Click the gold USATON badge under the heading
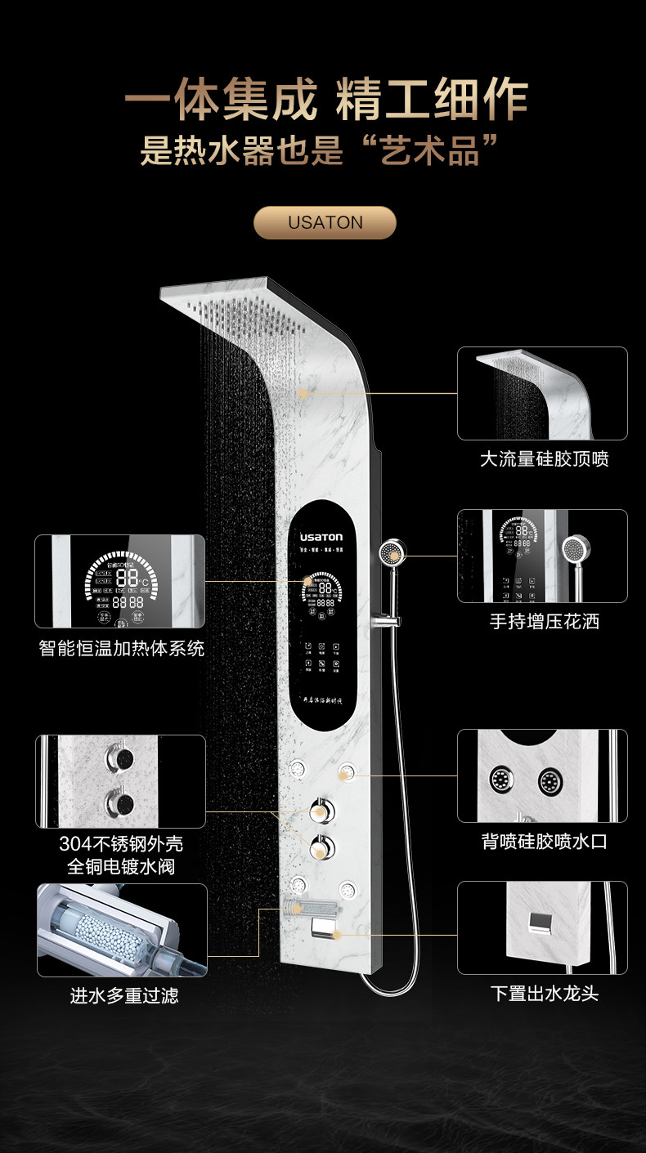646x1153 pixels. pos(325,222)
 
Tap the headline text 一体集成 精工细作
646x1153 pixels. pos(325,101)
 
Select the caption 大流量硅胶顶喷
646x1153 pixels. pos(544,459)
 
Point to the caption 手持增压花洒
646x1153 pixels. pos(545,621)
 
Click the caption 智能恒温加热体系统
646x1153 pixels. pos(122,648)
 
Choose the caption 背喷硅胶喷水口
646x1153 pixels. pos(544,841)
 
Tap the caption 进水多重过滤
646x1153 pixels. pos(123,995)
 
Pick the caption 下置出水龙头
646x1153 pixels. pos(545,994)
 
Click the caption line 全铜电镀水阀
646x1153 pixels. pos(121,866)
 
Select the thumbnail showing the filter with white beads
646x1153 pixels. pos(122,930)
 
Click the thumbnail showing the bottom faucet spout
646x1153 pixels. pos(542,927)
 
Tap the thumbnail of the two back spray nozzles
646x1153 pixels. pos(542,775)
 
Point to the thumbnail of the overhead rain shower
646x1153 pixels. pos(542,393)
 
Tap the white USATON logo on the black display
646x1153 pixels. pos(321,538)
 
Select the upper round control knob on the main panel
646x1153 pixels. pos(321,811)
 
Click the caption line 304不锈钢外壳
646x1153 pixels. pos(121,843)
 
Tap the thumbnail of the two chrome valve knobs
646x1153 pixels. pos(120,781)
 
